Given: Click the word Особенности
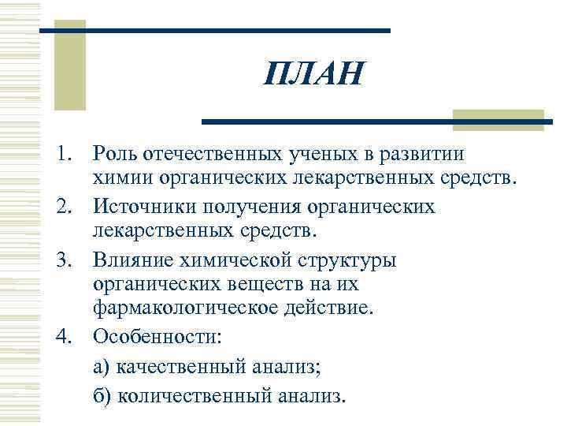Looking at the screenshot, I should click(157, 336).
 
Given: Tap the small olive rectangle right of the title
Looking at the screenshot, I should click(498, 120).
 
